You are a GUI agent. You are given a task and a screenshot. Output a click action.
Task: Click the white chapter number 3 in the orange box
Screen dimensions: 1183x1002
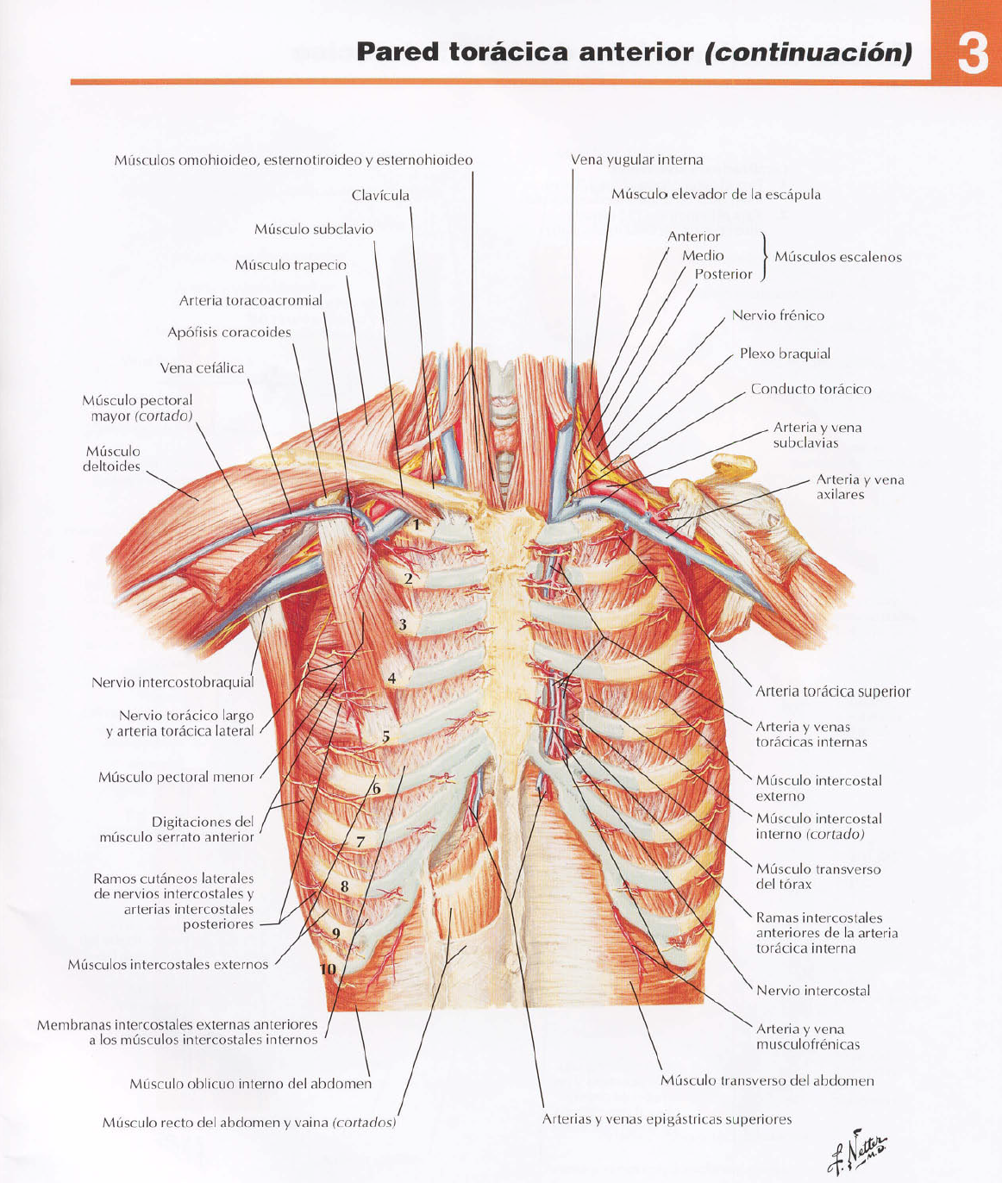(x=972, y=53)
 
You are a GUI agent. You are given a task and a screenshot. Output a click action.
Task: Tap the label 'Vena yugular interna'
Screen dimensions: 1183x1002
(x=636, y=160)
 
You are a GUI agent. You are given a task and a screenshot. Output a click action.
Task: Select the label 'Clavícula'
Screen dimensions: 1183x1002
(x=380, y=196)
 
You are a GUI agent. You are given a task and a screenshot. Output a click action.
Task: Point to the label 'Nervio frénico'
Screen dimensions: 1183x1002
(x=778, y=316)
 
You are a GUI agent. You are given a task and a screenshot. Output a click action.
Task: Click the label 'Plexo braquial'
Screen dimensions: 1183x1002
(x=785, y=354)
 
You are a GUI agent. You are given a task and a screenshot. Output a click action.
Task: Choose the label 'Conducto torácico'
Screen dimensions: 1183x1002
(x=811, y=389)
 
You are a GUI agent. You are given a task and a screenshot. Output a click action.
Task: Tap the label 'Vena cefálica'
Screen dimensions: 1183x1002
(x=202, y=368)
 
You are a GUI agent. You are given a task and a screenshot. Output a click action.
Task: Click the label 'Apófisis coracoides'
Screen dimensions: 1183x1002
(x=229, y=333)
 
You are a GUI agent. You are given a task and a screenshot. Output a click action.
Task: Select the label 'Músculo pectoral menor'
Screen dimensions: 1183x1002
(x=176, y=777)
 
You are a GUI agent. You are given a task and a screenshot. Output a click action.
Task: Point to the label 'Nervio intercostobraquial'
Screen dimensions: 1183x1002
(x=172, y=683)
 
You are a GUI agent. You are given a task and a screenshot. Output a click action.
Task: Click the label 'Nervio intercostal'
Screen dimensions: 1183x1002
(x=812, y=991)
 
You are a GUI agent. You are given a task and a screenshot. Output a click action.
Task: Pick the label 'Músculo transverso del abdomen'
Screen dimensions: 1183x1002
(x=767, y=1080)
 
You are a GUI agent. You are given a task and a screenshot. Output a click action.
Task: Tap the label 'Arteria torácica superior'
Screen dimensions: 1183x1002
(x=832, y=692)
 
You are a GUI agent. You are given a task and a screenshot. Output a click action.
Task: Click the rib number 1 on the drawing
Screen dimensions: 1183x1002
(x=416, y=524)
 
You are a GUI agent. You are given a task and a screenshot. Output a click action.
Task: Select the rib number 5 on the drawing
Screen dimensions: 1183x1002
(x=386, y=737)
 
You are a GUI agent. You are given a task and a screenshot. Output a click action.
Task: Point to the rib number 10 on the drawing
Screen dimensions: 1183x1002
(x=328, y=969)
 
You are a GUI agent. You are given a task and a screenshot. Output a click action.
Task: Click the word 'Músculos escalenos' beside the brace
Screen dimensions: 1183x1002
(x=837, y=257)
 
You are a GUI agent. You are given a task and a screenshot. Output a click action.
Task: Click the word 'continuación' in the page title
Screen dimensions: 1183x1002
(x=808, y=53)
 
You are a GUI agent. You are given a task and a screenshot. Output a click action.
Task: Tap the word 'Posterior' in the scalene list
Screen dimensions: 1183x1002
(x=723, y=274)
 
